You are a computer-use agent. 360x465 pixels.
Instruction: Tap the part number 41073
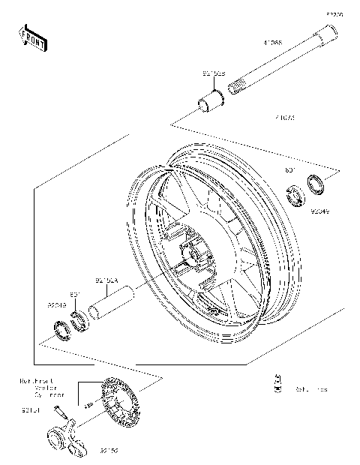[285, 118]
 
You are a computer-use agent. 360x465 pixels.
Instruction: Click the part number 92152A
[106, 282]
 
